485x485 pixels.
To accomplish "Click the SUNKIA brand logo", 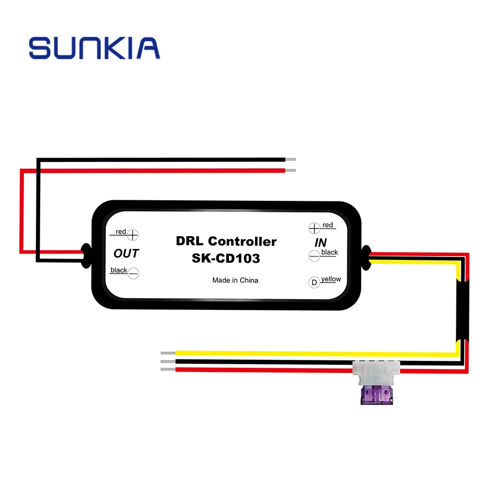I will point(94,48).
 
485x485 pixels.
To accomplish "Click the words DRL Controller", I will point(226,241).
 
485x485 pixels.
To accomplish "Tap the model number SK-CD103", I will point(226,259).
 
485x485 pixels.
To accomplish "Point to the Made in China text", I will point(235,280).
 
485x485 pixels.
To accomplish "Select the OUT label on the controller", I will point(126,253).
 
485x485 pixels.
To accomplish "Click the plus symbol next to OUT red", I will point(132,234).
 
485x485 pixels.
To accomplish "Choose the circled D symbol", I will point(314,282).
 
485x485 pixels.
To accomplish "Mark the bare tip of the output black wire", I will point(291,159).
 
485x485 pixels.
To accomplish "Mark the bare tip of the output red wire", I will point(291,170).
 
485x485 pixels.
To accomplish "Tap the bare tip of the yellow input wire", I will point(168,353).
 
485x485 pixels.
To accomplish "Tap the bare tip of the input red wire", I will point(168,370).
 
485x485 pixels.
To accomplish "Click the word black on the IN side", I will point(330,253).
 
